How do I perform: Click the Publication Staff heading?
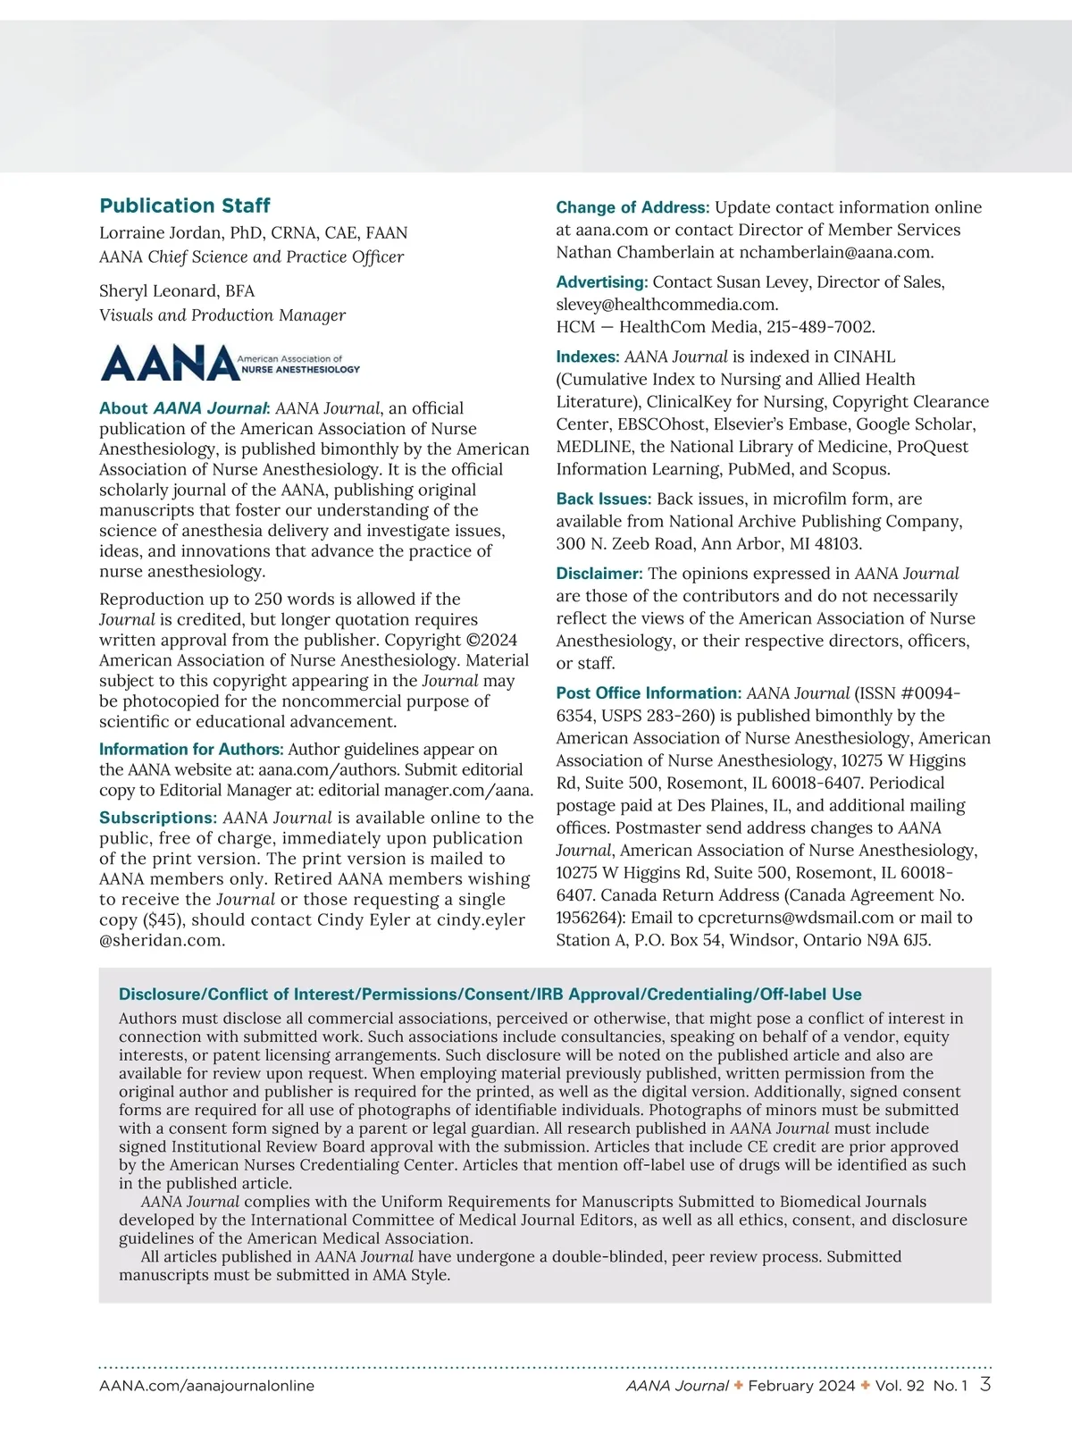point(185,206)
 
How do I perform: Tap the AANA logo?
point(230,363)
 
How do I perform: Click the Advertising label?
point(601,282)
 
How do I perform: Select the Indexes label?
point(587,357)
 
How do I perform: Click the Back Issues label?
point(603,499)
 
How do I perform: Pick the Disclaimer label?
point(599,574)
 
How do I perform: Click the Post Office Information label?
point(649,693)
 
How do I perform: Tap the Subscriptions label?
point(158,818)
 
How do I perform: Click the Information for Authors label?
point(191,750)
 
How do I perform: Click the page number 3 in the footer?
point(984,1385)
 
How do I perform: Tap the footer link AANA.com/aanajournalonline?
point(206,1386)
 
